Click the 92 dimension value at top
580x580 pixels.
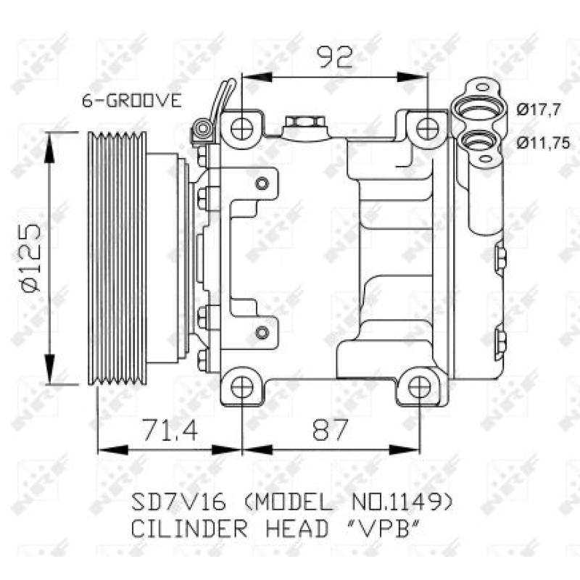333,55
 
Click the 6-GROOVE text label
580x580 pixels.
131,101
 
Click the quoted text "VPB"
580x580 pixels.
387,529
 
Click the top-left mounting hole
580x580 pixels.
241,129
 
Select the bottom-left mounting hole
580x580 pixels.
241,386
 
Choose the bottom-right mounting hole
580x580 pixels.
419,386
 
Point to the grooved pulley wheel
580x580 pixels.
117,257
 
